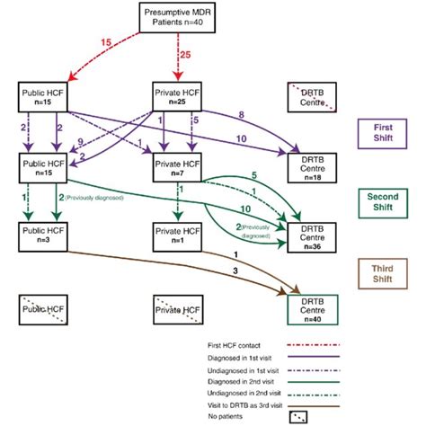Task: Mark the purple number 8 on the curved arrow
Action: [x=242, y=114]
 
